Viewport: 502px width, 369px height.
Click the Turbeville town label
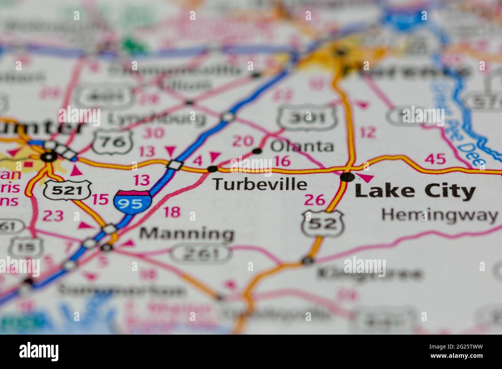(x=260, y=184)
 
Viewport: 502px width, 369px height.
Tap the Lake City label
(x=415, y=191)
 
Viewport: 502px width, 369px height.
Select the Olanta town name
(x=302, y=146)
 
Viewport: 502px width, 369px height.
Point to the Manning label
(x=187, y=234)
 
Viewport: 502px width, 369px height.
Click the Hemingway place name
(x=439, y=215)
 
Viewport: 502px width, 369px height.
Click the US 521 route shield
(x=67, y=190)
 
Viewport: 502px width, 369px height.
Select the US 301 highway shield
(x=308, y=117)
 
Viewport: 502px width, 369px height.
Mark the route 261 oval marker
(x=201, y=254)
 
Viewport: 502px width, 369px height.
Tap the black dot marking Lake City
(x=348, y=177)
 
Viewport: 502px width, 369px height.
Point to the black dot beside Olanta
(x=257, y=151)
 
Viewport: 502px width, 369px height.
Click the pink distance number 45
(x=435, y=158)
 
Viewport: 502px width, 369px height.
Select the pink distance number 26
(x=315, y=200)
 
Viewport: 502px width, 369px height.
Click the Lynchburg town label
(x=156, y=118)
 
